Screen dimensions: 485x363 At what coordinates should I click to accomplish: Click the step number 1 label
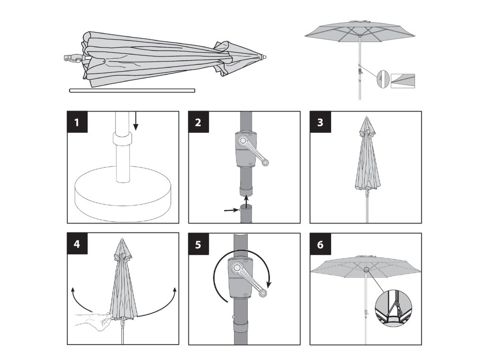[x=77, y=122]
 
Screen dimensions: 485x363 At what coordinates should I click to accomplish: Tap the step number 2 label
[x=198, y=122]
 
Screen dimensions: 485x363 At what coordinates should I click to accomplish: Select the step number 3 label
[x=320, y=122]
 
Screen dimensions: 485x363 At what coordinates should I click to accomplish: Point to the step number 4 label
[x=77, y=244]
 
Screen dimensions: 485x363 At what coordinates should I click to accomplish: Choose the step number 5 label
[x=198, y=244]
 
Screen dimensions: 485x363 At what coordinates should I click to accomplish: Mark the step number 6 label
[x=320, y=244]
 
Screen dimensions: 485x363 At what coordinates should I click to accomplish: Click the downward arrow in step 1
[x=135, y=121]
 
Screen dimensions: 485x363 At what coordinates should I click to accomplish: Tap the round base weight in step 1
[x=123, y=194]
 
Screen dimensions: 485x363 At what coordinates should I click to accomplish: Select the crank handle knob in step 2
[x=265, y=163]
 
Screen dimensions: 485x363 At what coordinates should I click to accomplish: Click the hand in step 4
[x=93, y=321]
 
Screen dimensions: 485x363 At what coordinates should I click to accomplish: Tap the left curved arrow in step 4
[x=79, y=302]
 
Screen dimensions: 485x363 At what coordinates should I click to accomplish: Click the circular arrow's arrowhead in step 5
[x=269, y=283]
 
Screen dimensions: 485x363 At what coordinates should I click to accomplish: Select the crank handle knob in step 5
[x=262, y=293]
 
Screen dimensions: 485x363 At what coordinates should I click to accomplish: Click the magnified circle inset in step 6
[x=394, y=308]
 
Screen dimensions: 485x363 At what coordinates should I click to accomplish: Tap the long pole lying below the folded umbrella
[x=132, y=90]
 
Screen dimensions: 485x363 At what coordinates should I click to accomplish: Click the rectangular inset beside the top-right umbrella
[x=403, y=81]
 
